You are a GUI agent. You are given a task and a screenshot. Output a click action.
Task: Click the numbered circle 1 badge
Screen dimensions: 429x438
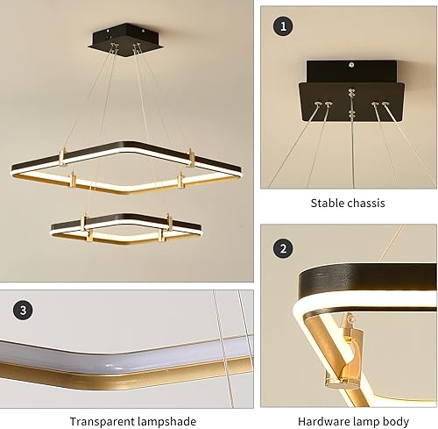click(x=282, y=27)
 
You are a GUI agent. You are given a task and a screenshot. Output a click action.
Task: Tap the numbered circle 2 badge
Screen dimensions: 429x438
click(x=282, y=248)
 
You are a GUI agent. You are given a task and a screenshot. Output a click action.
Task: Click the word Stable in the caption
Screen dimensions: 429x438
click(x=328, y=203)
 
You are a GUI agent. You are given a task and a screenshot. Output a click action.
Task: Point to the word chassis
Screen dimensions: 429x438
click(x=368, y=203)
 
